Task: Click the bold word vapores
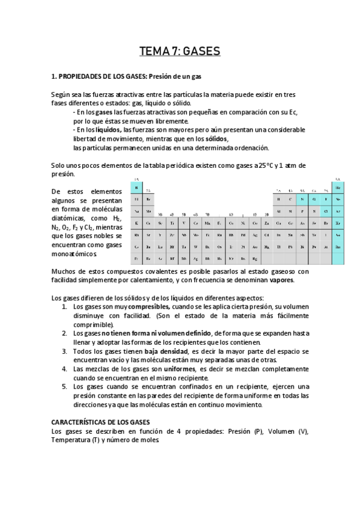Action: [281, 280]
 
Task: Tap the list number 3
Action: [64, 351]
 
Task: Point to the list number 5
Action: [64, 387]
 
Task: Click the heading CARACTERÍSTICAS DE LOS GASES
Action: [101, 423]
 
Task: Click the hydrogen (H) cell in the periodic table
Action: [136, 188]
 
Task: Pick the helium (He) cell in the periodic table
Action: [338, 188]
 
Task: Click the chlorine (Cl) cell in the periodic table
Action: [326, 211]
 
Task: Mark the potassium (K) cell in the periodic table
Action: [136, 223]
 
